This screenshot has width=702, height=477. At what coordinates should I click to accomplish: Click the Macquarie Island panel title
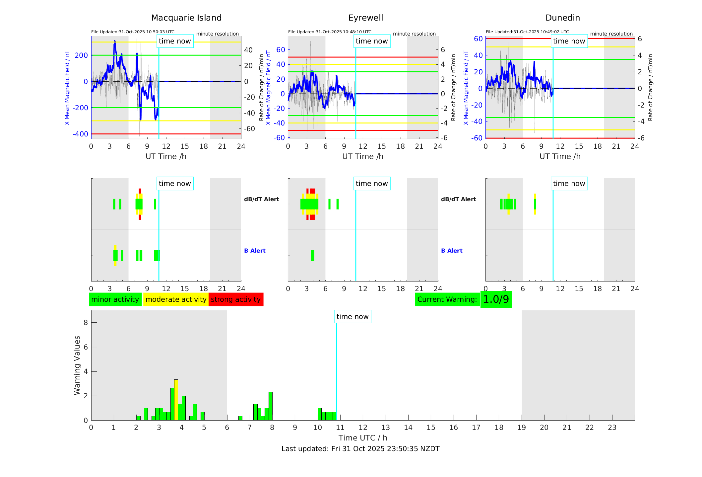click(186, 18)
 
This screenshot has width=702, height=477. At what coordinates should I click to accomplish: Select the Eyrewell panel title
click(365, 18)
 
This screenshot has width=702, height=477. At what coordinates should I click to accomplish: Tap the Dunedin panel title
click(562, 18)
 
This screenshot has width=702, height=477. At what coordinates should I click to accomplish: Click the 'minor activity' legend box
click(115, 299)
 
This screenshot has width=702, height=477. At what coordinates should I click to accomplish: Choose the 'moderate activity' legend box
click(176, 299)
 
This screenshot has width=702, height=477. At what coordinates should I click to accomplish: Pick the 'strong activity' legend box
click(236, 299)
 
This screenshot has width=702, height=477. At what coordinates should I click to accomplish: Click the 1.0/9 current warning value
click(496, 299)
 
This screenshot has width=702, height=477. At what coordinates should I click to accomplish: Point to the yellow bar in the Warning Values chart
click(176, 400)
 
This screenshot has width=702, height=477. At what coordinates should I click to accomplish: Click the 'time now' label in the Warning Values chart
click(352, 317)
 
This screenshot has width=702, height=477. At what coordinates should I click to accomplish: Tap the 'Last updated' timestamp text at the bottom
click(360, 449)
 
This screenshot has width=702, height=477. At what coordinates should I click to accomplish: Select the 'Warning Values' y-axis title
click(77, 365)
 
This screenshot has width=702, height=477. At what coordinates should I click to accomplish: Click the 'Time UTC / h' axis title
click(363, 438)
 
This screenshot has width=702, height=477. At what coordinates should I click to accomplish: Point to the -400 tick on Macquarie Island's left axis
click(81, 134)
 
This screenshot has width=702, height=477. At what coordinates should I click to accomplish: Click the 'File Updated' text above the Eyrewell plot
click(330, 32)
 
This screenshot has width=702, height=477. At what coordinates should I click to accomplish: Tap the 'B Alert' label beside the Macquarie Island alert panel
click(255, 251)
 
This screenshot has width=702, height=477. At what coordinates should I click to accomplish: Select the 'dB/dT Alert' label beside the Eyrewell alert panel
click(458, 199)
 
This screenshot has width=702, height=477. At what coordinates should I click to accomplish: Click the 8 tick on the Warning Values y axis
click(86, 322)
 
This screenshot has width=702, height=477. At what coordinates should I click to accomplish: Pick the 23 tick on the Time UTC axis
click(612, 428)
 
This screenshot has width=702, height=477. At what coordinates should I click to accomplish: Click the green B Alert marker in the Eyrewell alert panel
click(312, 256)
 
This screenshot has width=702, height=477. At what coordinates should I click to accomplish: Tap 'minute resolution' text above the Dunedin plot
click(611, 34)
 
